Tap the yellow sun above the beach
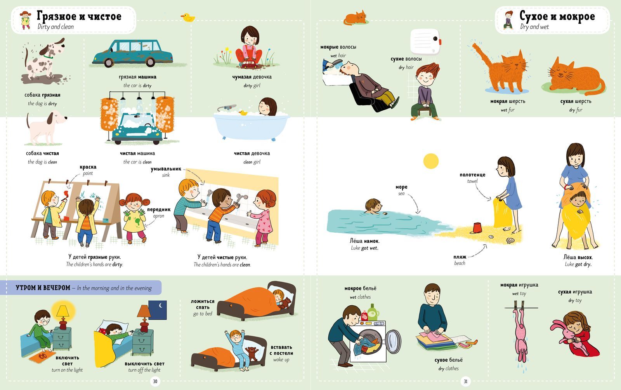tap(431, 161)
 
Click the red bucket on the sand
tap(477, 228)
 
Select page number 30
tap(155, 381)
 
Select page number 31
tap(465, 381)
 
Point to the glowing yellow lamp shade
tap(63, 311)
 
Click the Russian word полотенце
tap(472, 175)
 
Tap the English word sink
tap(166, 175)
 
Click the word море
tap(401, 187)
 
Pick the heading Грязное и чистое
tap(79, 16)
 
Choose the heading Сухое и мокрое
tap(557, 16)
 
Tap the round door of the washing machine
tap(394, 342)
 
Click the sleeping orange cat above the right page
tap(356, 18)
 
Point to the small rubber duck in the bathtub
tap(243, 113)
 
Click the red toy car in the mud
tap(249, 64)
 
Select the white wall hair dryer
tap(425, 41)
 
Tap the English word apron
tap(159, 216)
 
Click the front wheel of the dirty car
tap(109, 62)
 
